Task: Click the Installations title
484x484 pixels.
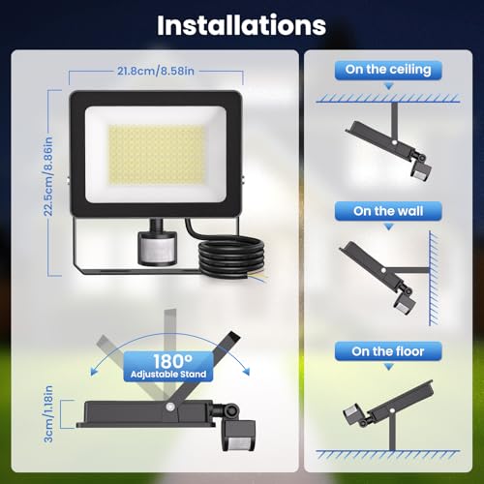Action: pyautogui.click(x=241, y=25)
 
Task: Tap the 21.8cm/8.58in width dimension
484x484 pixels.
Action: pyautogui.click(x=156, y=71)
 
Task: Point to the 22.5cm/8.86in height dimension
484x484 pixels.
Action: pyautogui.click(x=48, y=176)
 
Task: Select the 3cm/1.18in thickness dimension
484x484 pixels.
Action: pyautogui.click(x=48, y=414)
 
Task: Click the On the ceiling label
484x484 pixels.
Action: pyautogui.click(x=388, y=70)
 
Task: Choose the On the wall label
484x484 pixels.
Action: pyautogui.click(x=388, y=211)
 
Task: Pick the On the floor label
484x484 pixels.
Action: pyautogui.click(x=388, y=351)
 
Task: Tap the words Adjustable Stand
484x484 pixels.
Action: pyautogui.click(x=168, y=375)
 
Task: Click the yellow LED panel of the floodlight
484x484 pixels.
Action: pyautogui.click(x=157, y=155)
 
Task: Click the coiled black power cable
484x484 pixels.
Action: pyautogui.click(x=231, y=255)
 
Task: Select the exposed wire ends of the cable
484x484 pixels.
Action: pyautogui.click(x=256, y=277)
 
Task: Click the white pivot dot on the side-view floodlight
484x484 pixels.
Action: pyautogui.click(x=169, y=407)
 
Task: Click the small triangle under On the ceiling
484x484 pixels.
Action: pyautogui.click(x=389, y=86)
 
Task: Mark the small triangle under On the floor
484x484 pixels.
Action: pyautogui.click(x=389, y=367)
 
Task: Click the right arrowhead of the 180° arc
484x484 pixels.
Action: pyautogui.click(x=246, y=371)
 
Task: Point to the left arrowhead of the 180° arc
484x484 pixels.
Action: pyautogui.click(x=95, y=371)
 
